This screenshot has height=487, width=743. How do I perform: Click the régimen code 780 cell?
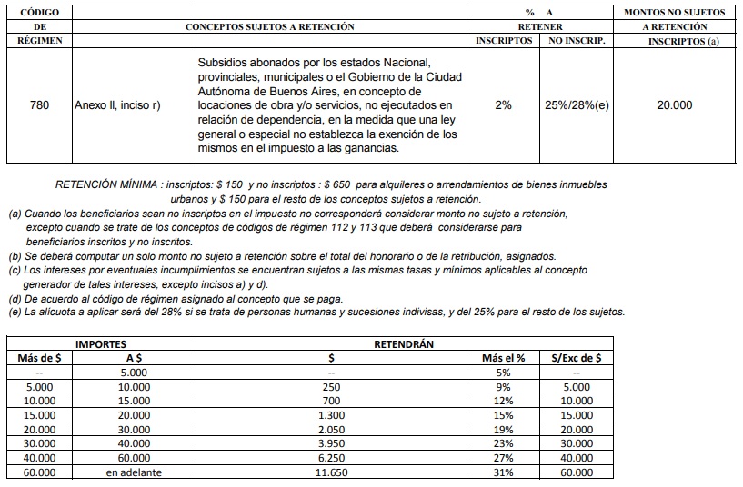39,104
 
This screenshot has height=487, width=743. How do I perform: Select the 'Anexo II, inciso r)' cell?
117,105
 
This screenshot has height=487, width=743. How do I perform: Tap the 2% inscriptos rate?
503,105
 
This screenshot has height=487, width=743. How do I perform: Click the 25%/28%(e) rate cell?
577,105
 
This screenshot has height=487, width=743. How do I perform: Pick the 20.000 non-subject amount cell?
674,105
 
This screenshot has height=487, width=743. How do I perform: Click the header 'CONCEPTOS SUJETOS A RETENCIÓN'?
269,27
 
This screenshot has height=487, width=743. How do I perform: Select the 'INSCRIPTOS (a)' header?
674,42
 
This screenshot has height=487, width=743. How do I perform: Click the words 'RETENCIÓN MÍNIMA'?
101,184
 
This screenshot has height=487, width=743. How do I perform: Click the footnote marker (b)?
15,256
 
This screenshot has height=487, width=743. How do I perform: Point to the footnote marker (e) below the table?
15,312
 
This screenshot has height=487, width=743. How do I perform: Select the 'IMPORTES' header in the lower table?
101,344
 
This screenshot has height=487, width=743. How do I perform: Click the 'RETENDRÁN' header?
404,344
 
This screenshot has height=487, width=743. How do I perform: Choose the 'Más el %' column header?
503,358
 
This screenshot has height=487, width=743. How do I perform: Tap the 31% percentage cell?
503,472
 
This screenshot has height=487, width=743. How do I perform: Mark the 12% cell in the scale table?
503,401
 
